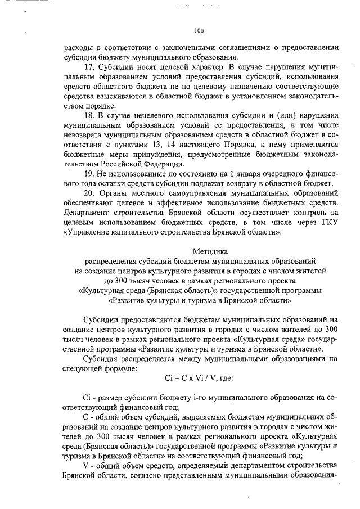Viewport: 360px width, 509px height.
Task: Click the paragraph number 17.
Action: (x=88, y=66)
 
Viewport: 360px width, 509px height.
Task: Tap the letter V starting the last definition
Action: (x=85, y=466)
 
